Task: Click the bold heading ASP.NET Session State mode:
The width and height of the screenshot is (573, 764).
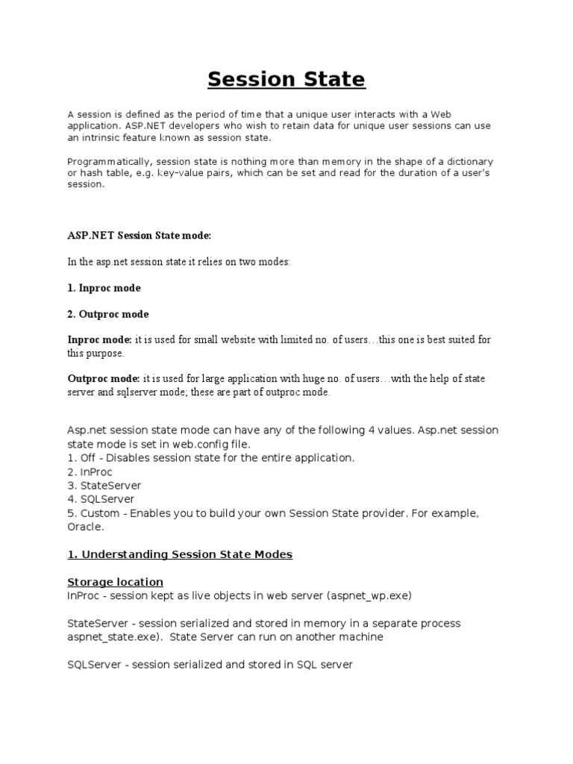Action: click(140, 236)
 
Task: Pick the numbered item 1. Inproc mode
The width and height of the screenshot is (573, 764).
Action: click(104, 288)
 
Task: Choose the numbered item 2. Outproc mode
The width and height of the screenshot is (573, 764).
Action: click(107, 314)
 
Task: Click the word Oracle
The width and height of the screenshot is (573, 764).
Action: click(86, 527)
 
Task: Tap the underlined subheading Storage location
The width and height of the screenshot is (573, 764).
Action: click(115, 582)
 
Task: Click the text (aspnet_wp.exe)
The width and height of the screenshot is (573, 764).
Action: click(351, 595)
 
